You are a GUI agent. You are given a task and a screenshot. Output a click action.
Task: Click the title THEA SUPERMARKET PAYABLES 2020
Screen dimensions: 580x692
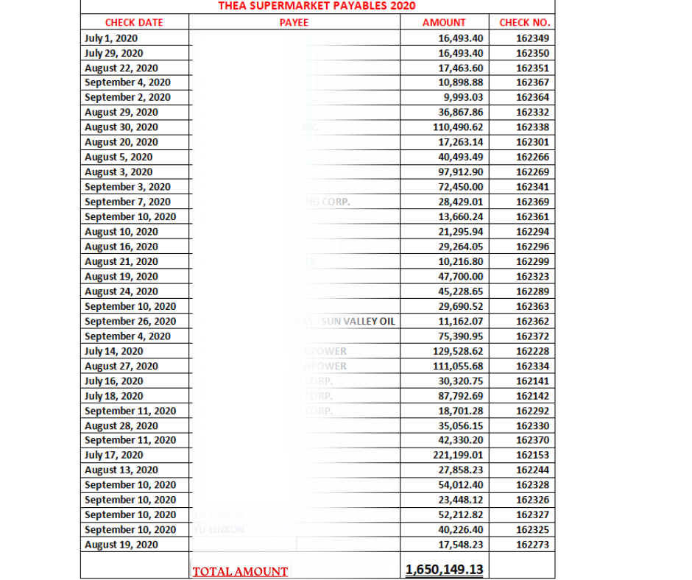click(317, 6)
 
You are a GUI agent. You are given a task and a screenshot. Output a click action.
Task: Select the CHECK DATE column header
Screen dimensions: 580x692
click(134, 22)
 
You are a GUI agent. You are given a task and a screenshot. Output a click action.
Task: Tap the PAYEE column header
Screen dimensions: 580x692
click(294, 22)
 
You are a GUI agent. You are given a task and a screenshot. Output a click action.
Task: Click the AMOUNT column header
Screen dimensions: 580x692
click(444, 22)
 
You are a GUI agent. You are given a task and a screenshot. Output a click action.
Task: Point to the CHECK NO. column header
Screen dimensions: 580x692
click(524, 22)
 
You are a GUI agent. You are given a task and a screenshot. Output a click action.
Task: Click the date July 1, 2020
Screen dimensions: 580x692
click(111, 38)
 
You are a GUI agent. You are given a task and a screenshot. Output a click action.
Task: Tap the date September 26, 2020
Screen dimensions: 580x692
click(130, 321)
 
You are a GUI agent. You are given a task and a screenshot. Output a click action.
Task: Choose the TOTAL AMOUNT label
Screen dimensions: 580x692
click(240, 571)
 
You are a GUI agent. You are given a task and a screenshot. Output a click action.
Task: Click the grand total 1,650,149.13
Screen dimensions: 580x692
click(444, 570)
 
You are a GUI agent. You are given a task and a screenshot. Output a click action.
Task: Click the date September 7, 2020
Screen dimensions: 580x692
click(127, 202)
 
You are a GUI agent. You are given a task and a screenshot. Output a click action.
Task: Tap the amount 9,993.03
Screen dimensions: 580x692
click(463, 97)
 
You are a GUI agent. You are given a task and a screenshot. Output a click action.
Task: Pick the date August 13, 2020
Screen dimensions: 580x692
click(121, 470)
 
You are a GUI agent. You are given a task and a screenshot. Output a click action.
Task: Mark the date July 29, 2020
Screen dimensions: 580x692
click(114, 53)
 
